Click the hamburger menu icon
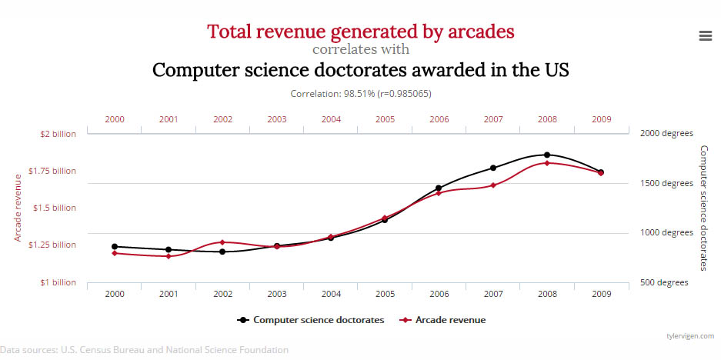point(704,35)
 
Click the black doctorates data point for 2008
point(547,155)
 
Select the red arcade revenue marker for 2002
point(222,242)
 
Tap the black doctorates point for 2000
point(115,246)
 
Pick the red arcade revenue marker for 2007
point(493,185)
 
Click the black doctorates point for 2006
point(439,188)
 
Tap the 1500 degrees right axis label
point(666,183)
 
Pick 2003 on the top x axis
point(277,120)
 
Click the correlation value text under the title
point(360,93)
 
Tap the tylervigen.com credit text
point(690,336)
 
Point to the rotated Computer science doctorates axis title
point(703,208)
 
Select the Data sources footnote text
point(145,350)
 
